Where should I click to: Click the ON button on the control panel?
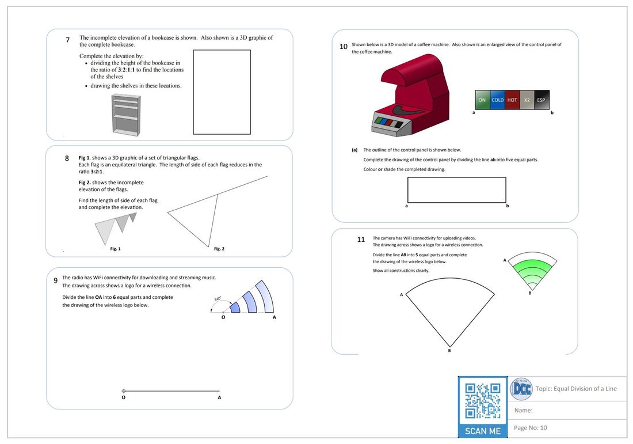(x=482, y=100)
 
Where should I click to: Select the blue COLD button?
(x=497, y=100)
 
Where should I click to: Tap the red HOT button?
(x=512, y=100)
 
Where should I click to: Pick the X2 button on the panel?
(x=527, y=100)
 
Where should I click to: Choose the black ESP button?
(x=542, y=100)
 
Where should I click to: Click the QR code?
(x=483, y=401)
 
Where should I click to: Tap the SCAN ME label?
(x=483, y=431)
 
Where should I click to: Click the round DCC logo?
(x=521, y=389)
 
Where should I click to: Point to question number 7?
(x=67, y=40)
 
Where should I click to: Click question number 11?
(x=361, y=240)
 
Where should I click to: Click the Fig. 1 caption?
(x=116, y=249)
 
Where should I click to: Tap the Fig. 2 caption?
(x=219, y=249)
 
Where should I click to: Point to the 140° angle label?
(x=218, y=299)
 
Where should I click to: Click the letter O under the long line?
(x=124, y=397)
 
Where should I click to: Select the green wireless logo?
(x=532, y=271)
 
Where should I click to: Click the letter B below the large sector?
(x=449, y=351)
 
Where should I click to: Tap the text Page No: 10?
(x=531, y=428)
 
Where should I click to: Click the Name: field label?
(x=523, y=411)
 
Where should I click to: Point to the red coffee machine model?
(x=410, y=96)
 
